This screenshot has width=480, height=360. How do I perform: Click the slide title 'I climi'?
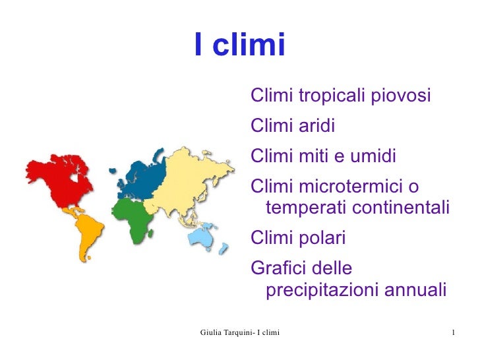(x=239, y=45)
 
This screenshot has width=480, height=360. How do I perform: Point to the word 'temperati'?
(x=305, y=208)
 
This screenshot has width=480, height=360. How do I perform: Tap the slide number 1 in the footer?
(x=455, y=330)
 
